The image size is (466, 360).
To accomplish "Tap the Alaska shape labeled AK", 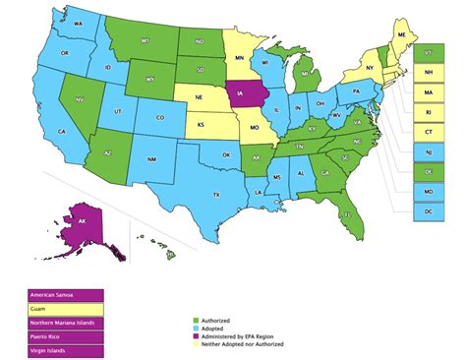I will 84,223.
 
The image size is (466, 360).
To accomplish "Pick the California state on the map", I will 62,129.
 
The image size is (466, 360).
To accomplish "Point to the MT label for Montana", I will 145,40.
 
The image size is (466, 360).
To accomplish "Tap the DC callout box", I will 430,211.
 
